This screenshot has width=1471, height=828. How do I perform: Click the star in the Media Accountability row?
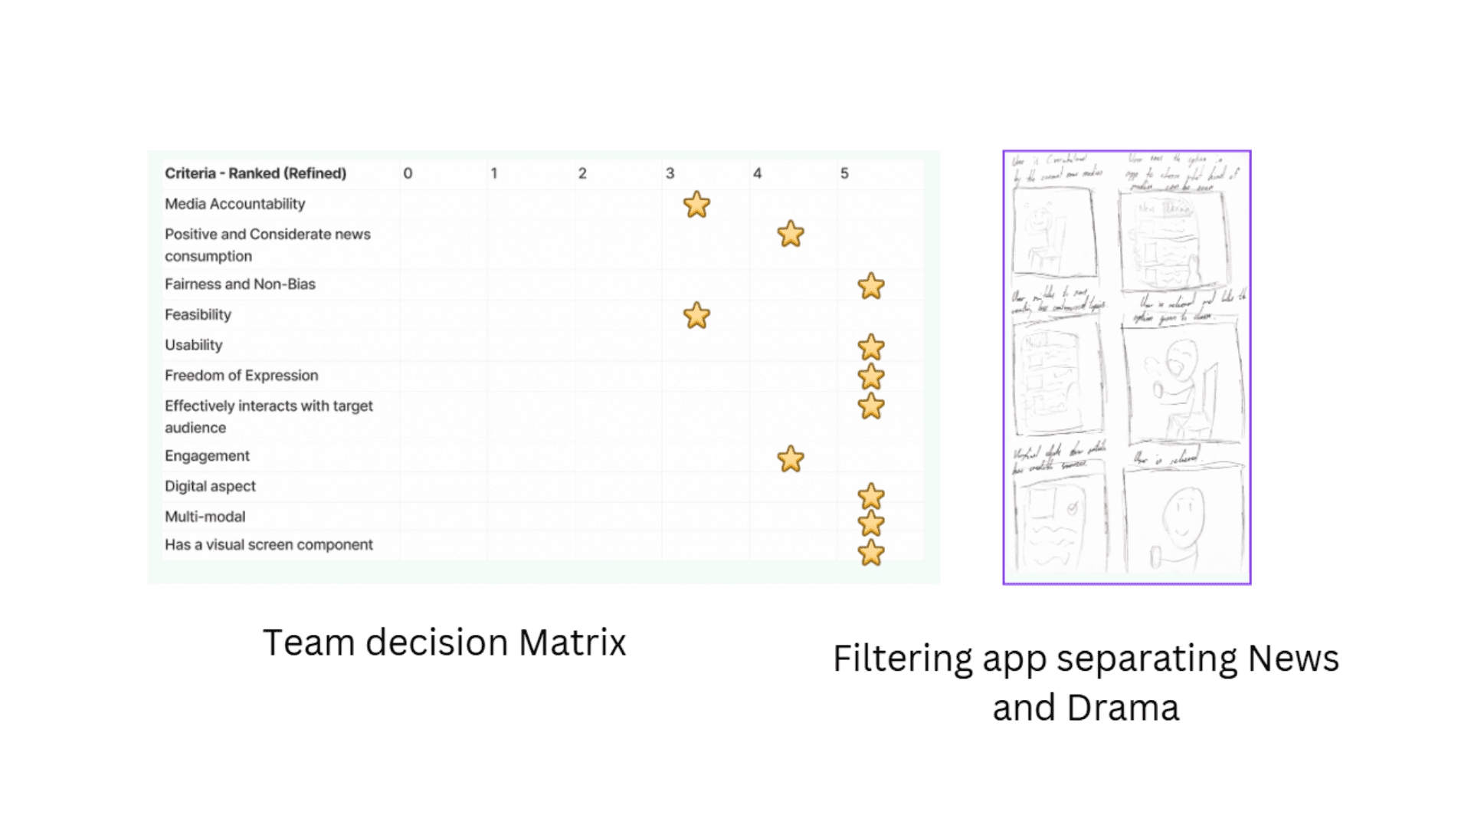pos(696,205)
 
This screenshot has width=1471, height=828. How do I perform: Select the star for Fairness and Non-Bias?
pos(871,286)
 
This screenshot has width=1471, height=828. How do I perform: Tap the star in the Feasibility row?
pos(696,315)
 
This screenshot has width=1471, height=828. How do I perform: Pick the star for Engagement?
pos(791,459)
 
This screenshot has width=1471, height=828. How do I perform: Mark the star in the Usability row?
pos(871,347)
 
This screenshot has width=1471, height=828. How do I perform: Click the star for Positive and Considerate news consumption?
pos(791,234)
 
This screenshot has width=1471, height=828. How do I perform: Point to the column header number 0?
pos(408,173)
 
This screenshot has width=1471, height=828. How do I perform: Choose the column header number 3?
pos(670,173)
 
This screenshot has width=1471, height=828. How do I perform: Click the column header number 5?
pos(844,173)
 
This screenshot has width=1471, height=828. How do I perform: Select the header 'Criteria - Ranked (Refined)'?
pos(255,173)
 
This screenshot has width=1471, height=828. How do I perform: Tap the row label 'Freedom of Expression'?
pos(241,375)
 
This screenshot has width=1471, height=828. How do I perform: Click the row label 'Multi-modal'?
pos(205,517)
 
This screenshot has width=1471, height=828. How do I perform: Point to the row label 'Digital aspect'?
pos(210,486)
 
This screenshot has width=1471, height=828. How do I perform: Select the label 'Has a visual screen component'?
pos(268,544)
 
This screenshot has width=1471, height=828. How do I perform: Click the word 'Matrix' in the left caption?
pos(572,642)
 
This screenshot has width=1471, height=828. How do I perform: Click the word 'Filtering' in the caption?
pos(902,659)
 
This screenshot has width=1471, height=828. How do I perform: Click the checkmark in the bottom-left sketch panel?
pos(1073,508)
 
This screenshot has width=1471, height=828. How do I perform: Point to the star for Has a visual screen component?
pos(871,553)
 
